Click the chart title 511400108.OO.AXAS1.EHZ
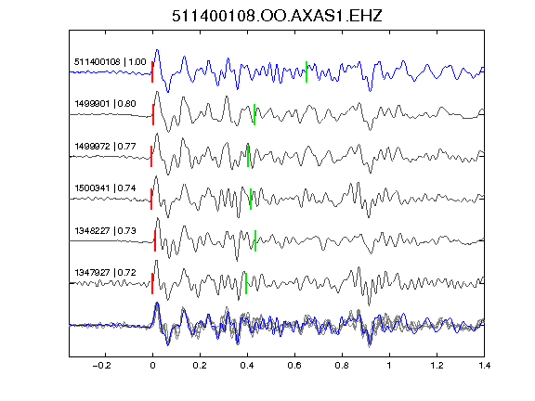[277, 16]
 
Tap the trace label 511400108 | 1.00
[111, 61]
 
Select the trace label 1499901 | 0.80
[106, 103]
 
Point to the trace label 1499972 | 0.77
[106, 147]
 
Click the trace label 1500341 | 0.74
[106, 188]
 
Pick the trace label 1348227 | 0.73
[106, 231]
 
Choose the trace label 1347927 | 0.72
[106, 273]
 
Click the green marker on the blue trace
[307, 71]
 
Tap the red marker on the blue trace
[152, 71]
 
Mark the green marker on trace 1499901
[254, 114]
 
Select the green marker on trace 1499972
[248, 156]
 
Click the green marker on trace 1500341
[251, 199]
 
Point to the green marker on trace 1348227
[255, 240]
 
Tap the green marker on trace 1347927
[246, 283]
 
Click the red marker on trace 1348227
[155, 240]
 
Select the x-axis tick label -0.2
[102, 366]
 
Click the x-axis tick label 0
[152, 366]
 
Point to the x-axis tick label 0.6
[294, 366]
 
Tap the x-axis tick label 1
[389, 366]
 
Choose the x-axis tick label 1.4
[485, 366]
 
